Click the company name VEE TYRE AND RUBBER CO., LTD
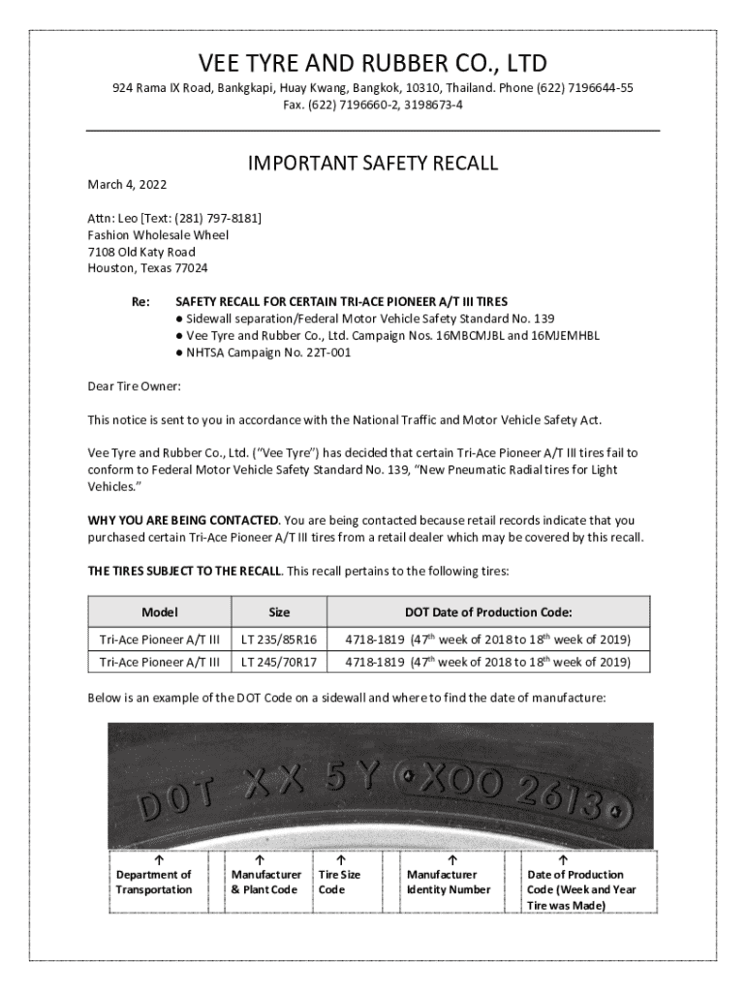click(x=373, y=64)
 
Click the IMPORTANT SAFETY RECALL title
click(x=373, y=164)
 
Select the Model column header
click(x=159, y=612)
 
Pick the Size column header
click(x=279, y=612)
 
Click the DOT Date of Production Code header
click(x=488, y=612)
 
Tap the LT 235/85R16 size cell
click(x=279, y=640)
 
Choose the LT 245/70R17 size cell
click(x=279, y=662)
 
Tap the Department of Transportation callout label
click(x=154, y=882)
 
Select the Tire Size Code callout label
click(x=339, y=882)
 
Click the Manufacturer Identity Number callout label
click(x=449, y=882)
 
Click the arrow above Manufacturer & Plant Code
click(x=260, y=858)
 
